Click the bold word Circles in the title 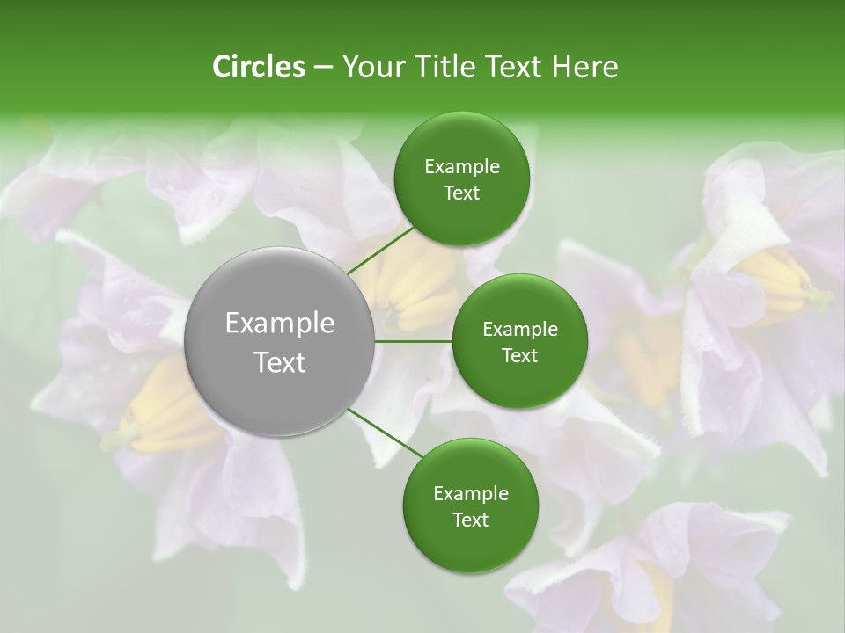click(x=259, y=67)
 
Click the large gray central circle click(x=280, y=341)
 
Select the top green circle click(x=461, y=178)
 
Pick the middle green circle click(x=519, y=341)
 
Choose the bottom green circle click(x=470, y=506)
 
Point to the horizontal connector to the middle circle click(x=414, y=341)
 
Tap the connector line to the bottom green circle click(x=386, y=433)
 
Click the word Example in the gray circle click(x=280, y=324)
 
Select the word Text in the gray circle click(x=280, y=362)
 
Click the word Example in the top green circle click(x=461, y=166)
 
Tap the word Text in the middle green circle click(x=519, y=355)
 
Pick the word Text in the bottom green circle click(x=470, y=520)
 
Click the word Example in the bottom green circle click(x=470, y=493)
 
